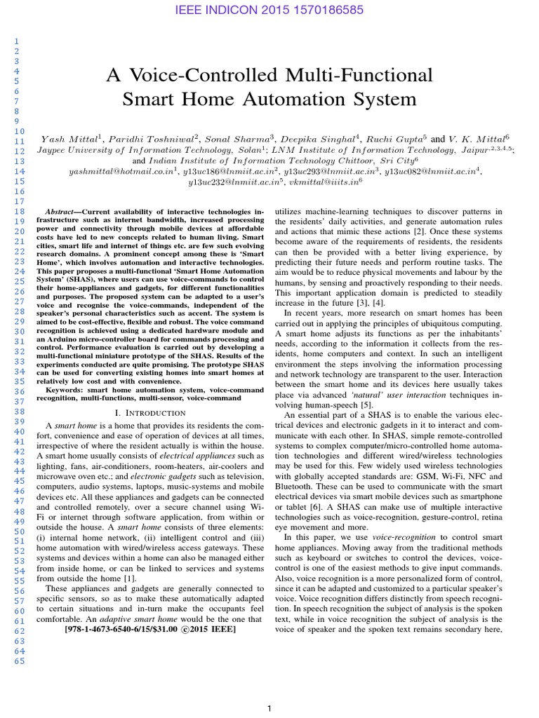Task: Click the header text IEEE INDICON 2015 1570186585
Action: click(269, 11)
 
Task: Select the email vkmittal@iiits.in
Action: click(325, 182)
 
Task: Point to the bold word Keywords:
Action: click(67, 389)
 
